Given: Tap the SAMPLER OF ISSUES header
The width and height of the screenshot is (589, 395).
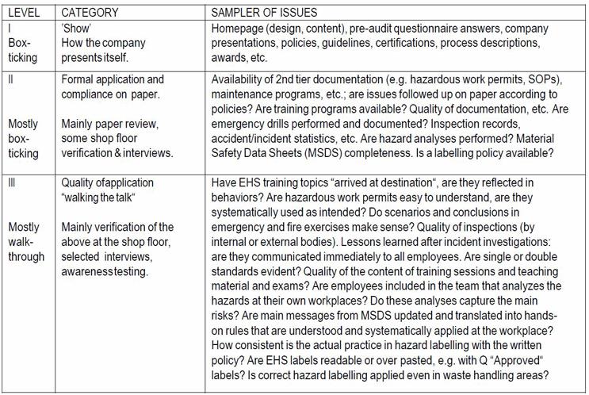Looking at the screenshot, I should pos(263,13).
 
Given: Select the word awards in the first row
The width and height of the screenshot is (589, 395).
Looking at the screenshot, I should pos(231,57).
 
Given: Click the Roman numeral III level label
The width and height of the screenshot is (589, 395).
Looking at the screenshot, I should pos(13,182).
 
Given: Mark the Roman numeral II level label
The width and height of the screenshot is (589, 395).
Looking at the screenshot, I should pos(12,79).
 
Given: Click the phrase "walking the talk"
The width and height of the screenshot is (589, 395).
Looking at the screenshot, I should pos(98,197).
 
